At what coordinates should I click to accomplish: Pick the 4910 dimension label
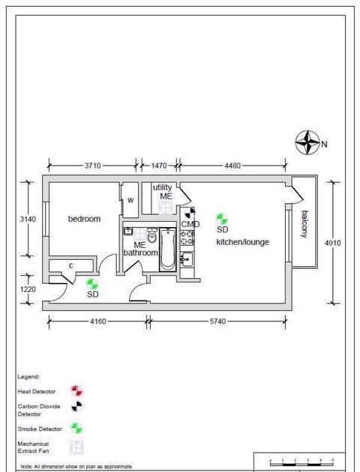click(333, 243)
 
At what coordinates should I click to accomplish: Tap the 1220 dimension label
click(27, 288)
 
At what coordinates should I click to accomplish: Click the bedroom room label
click(84, 219)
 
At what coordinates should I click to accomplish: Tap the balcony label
click(304, 224)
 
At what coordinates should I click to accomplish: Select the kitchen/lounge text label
click(242, 242)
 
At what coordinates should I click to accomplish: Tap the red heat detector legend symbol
click(76, 390)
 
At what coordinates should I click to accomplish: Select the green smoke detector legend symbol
click(76, 428)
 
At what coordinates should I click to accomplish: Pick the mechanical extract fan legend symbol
click(76, 447)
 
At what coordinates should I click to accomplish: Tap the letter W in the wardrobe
click(130, 200)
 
